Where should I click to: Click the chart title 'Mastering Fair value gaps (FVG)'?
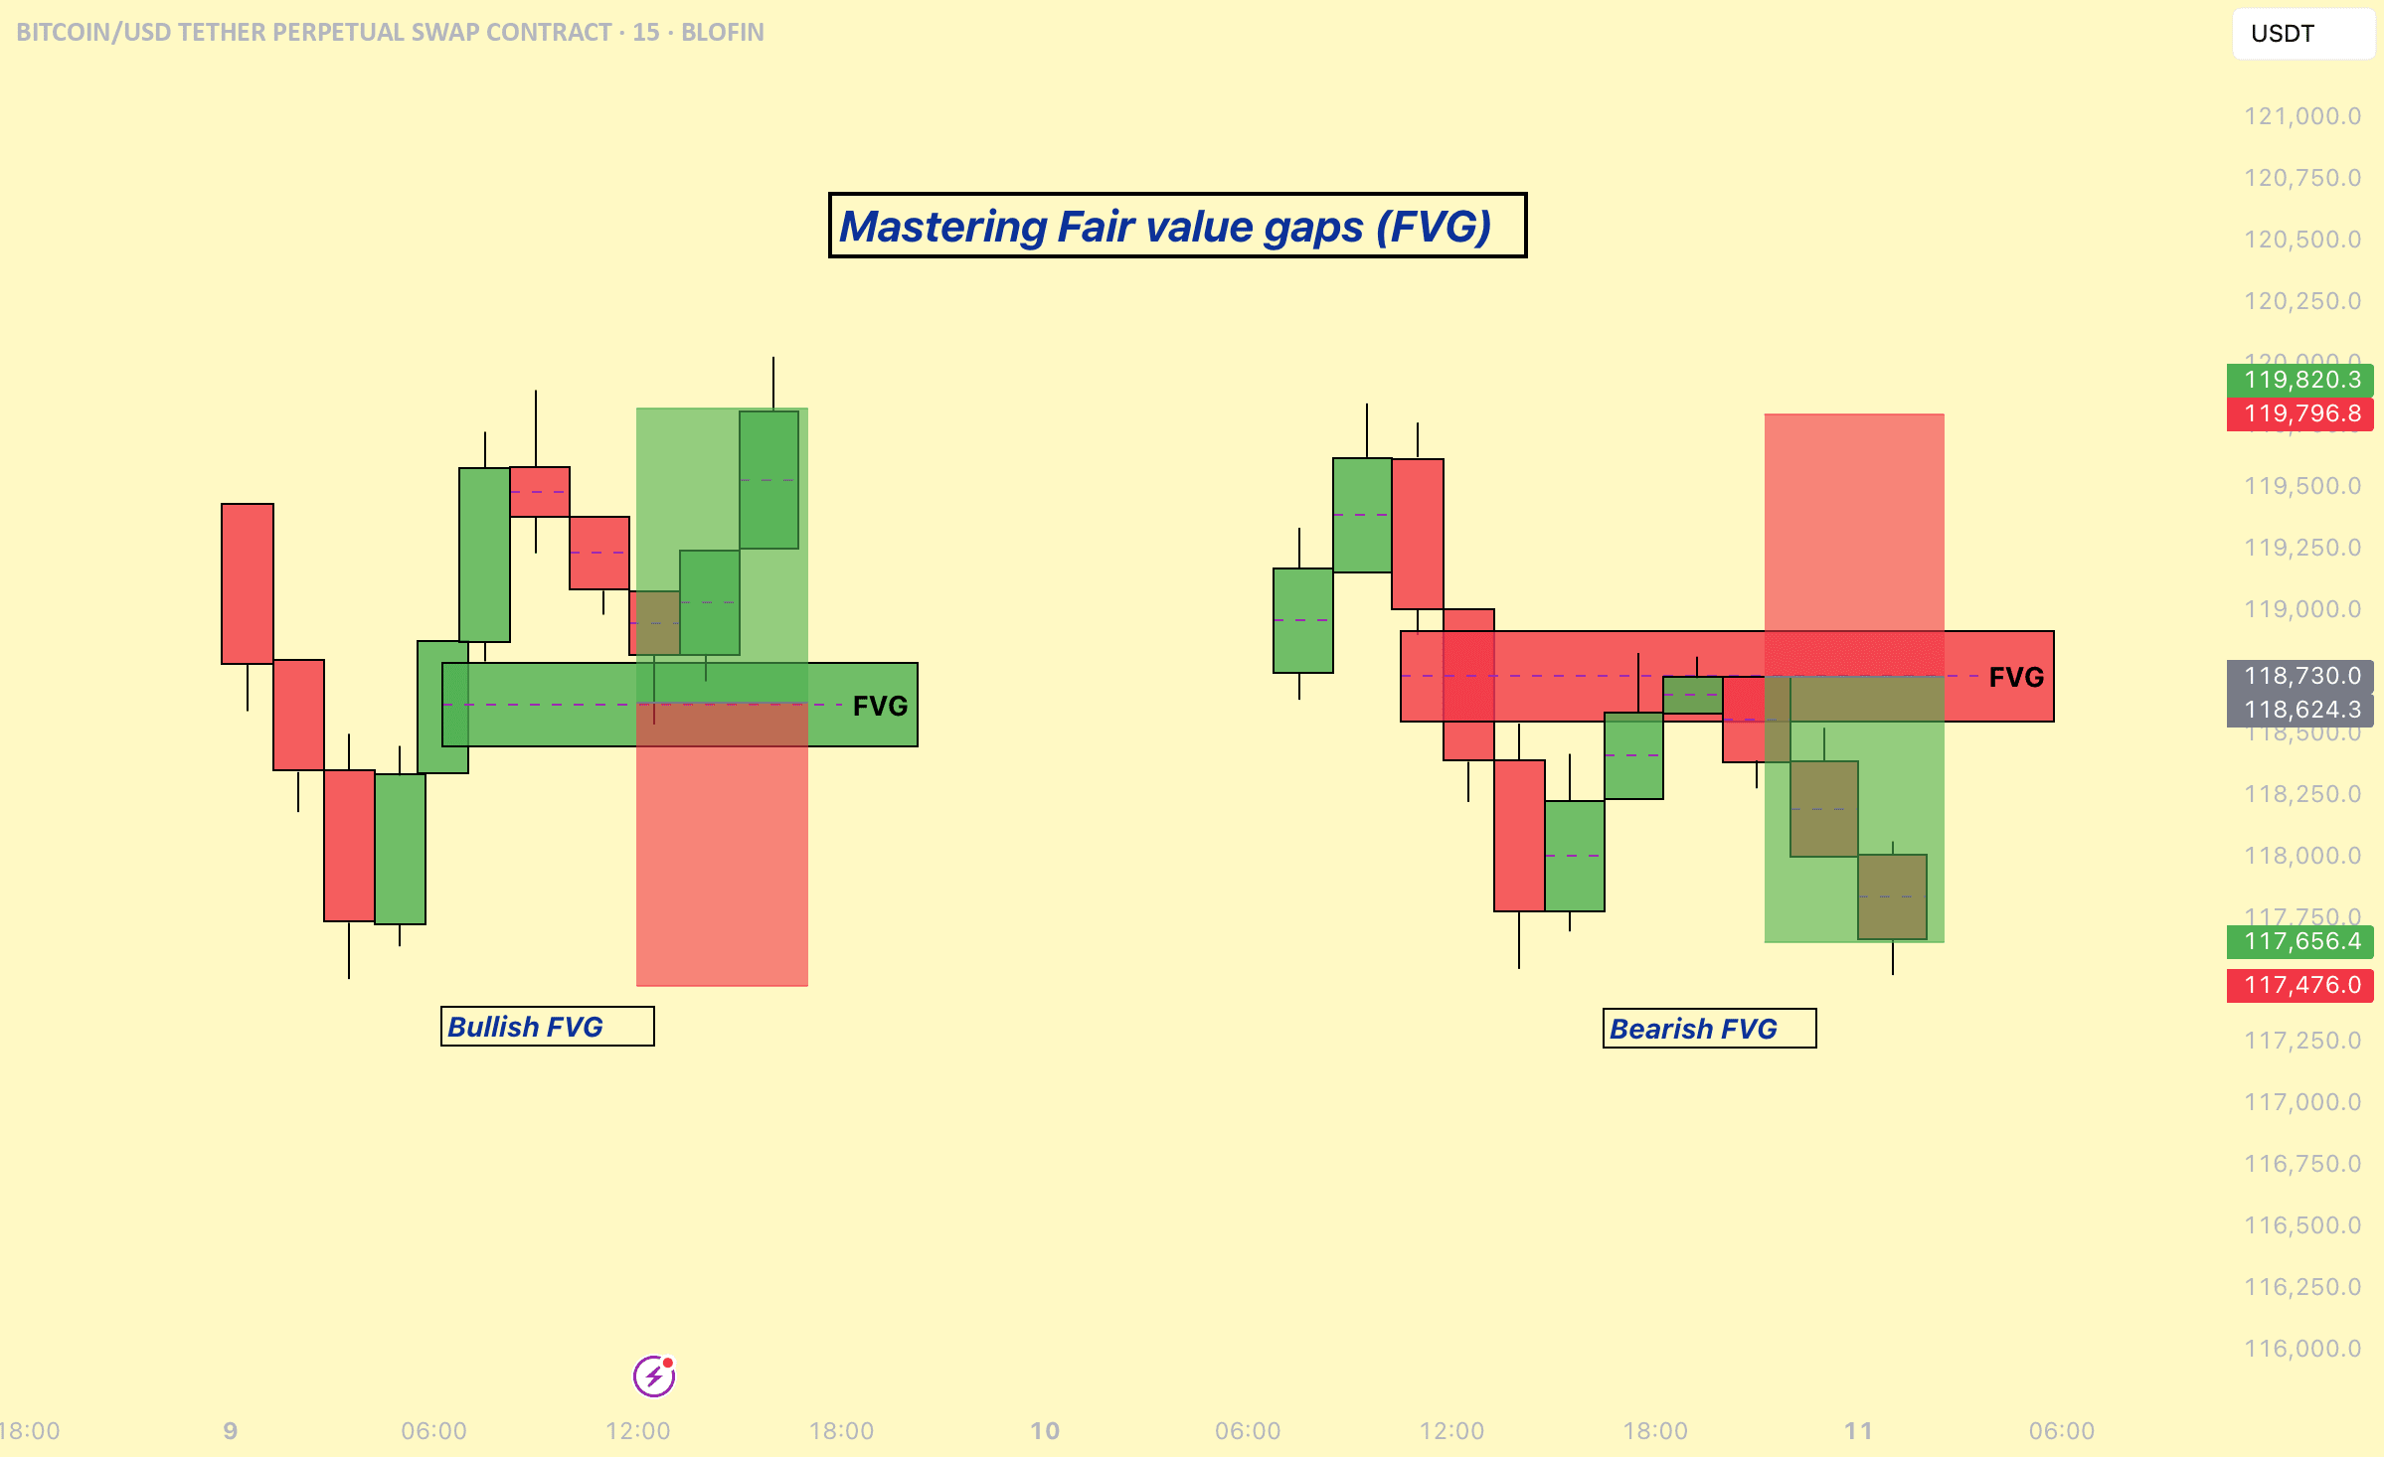pyautogui.click(x=1176, y=226)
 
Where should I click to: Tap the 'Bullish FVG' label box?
pyautogui.click(x=546, y=1027)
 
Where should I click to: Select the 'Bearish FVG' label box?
pyautogui.click(x=1708, y=1029)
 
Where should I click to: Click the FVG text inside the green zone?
pyautogui.click(x=880, y=706)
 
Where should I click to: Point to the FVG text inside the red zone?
pyautogui.click(x=2016, y=677)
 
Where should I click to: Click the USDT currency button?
pyautogui.click(x=2301, y=34)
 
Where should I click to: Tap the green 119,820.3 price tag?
pyautogui.click(x=2300, y=380)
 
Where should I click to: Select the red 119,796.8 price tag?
pyautogui.click(x=2300, y=413)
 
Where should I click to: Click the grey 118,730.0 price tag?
pyautogui.click(x=2300, y=676)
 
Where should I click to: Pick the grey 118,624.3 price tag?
pyautogui.click(x=2300, y=710)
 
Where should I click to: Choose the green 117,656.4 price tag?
pyautogui.click(x=2300, y=941)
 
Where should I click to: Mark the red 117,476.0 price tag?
pyautogui.click(x=2300, y=985)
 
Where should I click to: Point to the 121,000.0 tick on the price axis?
pyautogui.click(x=2301, y=116)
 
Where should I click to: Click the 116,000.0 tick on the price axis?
pyautogui.click(x=2301, y=1349)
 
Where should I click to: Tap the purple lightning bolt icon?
pyautogui.click(x=654, y=1376)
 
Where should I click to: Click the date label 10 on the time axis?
pyautogui.click(x=1045, y=1431)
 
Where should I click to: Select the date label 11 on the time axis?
pyautogui.click(x=1858, y=1431)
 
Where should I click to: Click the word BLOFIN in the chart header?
pyautogui.click(x=722, y=32)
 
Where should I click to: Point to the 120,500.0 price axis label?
pyautogui.click(x=2301, y=240)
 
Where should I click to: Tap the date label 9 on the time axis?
pyautogui.click(x=230, y=1431)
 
